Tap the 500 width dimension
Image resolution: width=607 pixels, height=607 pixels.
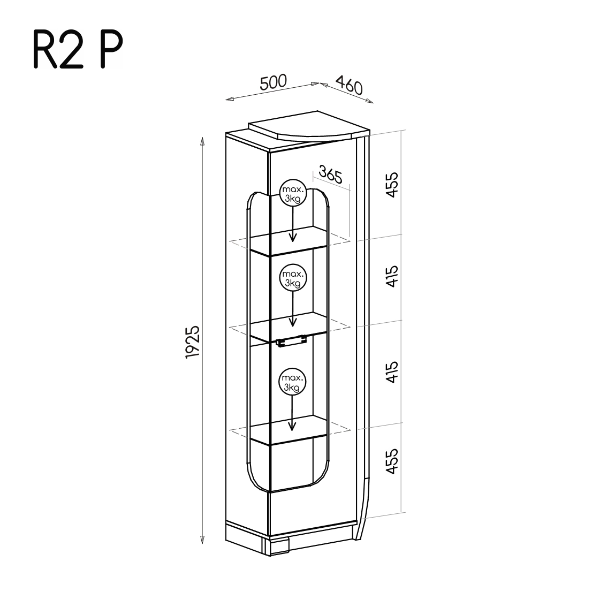click(x=273, y=82)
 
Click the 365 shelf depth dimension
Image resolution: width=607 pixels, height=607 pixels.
click(x=330, y=176)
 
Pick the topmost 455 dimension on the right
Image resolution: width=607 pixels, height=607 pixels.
click(x=392, y=185)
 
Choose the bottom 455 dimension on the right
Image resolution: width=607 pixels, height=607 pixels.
click(x=392, y=461)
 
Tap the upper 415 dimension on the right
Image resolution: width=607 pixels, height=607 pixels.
click(x=392, y=276)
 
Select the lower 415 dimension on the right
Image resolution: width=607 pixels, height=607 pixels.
click(x=392, y=372)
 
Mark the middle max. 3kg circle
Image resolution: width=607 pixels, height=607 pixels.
click(x=292, y=278)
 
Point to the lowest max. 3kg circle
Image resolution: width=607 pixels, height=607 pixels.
click(x=292, y=382)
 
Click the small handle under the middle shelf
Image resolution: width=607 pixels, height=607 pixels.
click(x=291, y=342)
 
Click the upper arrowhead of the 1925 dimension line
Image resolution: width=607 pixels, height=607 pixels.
click(x=202, y=141)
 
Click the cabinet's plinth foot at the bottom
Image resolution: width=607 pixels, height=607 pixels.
click(x=278, y=545)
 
